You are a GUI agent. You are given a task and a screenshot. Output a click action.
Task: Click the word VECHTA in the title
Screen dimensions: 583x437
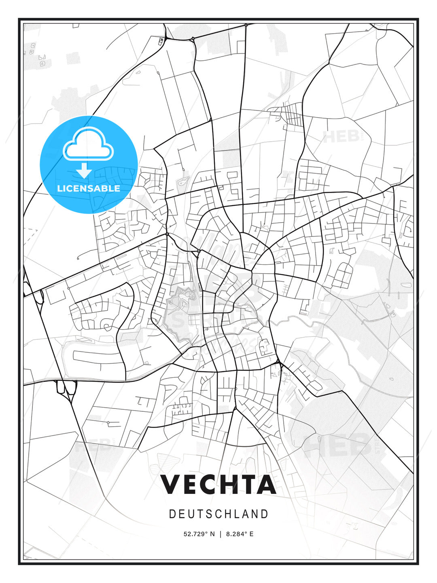(x=218, y=484)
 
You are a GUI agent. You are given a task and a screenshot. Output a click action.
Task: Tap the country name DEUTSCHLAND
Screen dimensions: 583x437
(x=218, y=514)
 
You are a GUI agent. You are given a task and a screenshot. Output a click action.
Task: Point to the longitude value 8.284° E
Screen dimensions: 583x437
(x=240, y=534)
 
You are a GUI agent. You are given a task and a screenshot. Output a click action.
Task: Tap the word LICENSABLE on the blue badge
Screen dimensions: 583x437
(x=89, y=188)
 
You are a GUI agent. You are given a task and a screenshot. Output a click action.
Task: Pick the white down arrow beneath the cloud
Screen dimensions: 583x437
(x=84, y=170)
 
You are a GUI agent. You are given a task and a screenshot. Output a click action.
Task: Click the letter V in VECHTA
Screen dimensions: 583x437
(x=172, y=484)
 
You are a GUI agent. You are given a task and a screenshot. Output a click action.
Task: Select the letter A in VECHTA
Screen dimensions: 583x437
(x=265, y=484)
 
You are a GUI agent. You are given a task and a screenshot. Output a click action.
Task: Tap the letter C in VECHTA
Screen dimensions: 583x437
(x=206, y=484)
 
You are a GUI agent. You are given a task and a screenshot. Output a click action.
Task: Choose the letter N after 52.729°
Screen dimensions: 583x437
(x=212, y=534)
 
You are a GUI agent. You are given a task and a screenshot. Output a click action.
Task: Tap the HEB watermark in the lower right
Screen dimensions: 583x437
(x=338, y=444)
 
